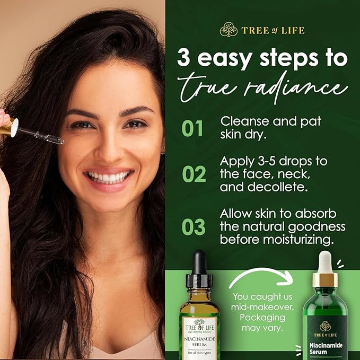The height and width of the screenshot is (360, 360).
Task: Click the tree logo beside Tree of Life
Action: [x=228, y=30]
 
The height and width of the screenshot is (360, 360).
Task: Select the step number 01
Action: [x=193, y=128]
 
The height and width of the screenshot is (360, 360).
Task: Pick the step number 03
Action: [x=193, y=226]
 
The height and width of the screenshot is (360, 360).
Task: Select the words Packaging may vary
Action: [x=265, y=322]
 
